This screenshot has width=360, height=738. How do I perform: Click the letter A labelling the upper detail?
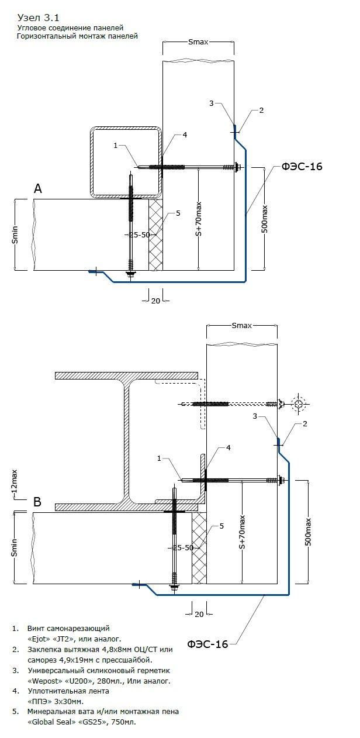pyautogui.click(x=38, y=188)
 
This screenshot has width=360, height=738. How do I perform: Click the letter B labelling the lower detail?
pyautogui.click(x=37, y=502)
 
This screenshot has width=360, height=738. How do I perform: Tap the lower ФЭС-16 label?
pyautogui.click(x=207, y=644)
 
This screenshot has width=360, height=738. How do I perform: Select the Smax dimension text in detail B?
pyautogui.click(x=241, y=326)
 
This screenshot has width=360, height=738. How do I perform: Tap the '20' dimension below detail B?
pyautogui.click(x=199, y=614)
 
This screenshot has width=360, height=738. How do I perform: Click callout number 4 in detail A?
pyautogui.click(x=185, y=135)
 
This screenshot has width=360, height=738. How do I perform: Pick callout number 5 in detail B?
pyautogui.click(x=221, y=526)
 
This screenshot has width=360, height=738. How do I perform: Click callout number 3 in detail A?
pyautogui.click(x=211, y=104)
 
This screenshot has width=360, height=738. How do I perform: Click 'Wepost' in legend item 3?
pyautogui.click(x=43, y=681)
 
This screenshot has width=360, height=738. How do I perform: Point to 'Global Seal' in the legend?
pyautogui.click(x=50, y=722)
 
